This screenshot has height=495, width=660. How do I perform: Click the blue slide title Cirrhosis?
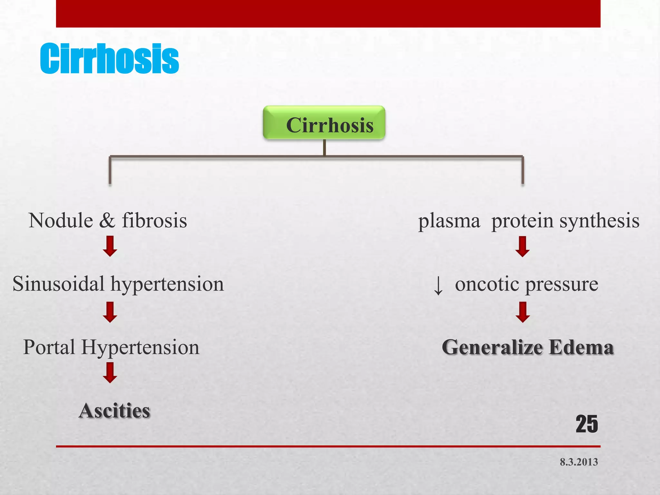(109, 59)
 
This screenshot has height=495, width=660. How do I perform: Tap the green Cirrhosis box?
(324, 123)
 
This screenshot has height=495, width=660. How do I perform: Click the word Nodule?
(61, 221)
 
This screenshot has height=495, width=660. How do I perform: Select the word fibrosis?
(154, 221)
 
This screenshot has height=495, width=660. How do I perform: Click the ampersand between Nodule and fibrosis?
(107, 221)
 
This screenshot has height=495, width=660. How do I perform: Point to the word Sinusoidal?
(58, 284)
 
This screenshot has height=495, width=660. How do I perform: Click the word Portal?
(49, 347)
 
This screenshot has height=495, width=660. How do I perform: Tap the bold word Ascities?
(114, 411)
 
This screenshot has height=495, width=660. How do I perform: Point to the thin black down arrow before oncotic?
(438, 286)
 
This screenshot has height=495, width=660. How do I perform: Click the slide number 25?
(587, 424)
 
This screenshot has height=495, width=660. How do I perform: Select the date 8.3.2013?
(579, 462)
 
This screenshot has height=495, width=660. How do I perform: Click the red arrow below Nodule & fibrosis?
(110, 246)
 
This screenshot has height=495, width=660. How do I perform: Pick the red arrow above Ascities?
(110, 373)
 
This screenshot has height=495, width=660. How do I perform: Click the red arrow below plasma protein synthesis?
(522, 247)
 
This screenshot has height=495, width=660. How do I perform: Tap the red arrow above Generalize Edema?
(522, 312)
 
